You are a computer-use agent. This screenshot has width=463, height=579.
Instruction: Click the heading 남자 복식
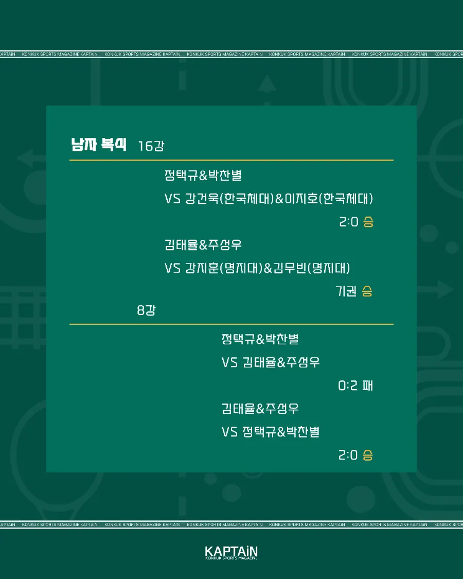click(99, 144)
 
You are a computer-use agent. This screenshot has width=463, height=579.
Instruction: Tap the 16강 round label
click(151, 146)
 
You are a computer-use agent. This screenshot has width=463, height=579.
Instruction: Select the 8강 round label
click(146, 310)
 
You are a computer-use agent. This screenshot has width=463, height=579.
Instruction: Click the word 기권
click(346, 291)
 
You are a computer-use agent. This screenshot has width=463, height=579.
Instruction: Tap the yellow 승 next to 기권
click(367, 291)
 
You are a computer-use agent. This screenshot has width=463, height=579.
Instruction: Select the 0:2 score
click(348, 385)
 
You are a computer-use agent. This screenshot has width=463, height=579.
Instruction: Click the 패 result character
click(368, 385)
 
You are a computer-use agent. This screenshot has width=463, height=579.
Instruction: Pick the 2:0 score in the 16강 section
click(349, 221)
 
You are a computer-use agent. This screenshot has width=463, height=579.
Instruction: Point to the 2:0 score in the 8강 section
click(348, 455)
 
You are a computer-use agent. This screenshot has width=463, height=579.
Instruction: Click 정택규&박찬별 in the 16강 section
click(203, 175)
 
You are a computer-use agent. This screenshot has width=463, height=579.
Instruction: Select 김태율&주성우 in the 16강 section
click(203, 244)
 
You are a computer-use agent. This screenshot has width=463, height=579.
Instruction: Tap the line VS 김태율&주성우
click(271, 362)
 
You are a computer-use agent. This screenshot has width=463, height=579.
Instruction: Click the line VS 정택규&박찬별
click(271, 432)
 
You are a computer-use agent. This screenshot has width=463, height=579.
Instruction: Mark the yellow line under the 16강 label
click(232, 160)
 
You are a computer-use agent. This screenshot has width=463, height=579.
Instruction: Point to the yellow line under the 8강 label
click(232, 324)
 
